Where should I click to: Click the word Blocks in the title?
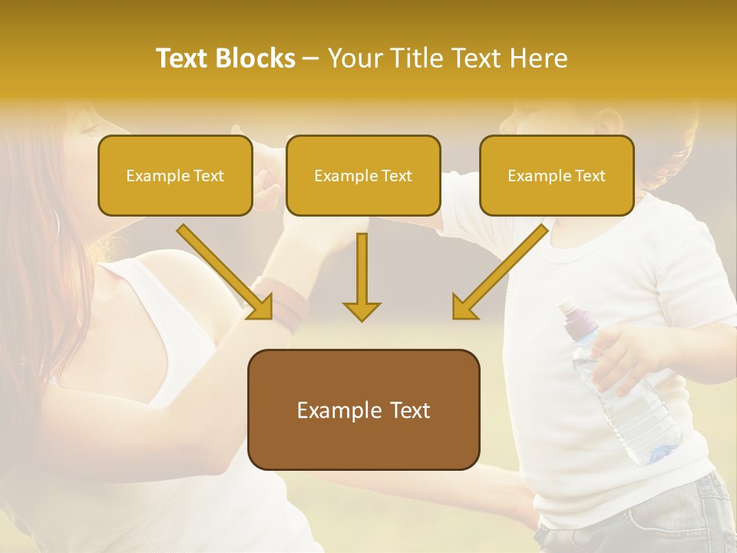(256, 58)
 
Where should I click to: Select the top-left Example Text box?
(175, 176)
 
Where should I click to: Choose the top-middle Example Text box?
(363, 176)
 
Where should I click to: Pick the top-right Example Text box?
(557, 176)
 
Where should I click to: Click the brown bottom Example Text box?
(363, 410)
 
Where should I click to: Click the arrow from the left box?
(226, 273)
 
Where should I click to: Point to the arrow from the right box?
(499, 273)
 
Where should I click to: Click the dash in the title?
(311, 59)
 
